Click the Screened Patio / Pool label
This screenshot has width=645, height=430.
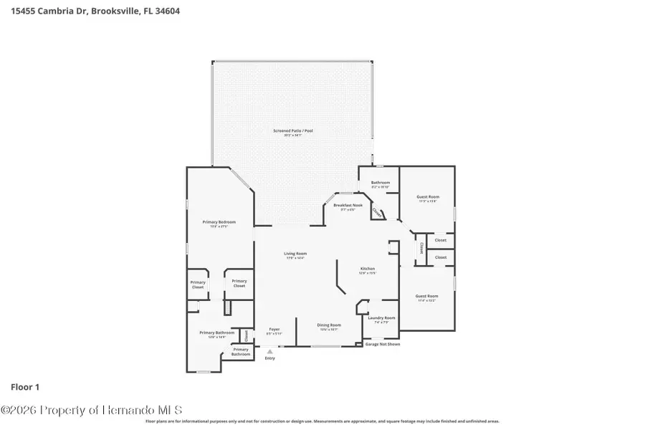292,130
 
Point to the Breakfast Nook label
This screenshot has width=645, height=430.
348,206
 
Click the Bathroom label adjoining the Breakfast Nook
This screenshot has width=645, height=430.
380,183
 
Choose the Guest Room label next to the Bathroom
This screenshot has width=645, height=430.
427,196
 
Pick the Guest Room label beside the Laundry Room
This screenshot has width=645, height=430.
426,296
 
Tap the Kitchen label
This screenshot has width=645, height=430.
367,269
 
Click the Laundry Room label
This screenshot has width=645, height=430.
381,317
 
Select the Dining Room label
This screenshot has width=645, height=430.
329,325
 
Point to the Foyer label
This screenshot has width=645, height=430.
274,330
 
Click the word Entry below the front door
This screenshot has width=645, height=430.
269,358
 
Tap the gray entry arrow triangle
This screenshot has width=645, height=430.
269,351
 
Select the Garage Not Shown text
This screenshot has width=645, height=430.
383,344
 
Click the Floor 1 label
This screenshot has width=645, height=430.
24,387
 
